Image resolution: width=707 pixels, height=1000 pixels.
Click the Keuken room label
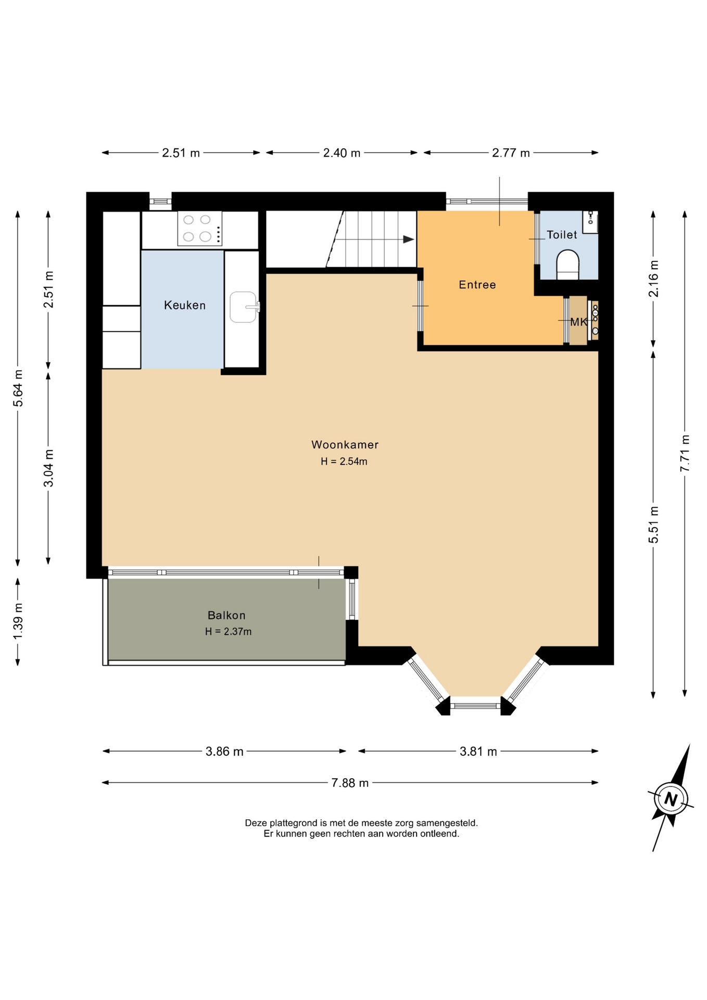pos(185,305)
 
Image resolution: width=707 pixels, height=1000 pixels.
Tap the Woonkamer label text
pos(345,445)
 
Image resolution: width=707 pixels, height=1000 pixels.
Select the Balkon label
pos(226,615)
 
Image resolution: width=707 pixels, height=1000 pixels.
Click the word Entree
pos(477,285)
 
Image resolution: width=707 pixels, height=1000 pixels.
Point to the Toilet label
pos(562,235)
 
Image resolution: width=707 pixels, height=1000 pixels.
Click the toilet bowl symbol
pos(567,265)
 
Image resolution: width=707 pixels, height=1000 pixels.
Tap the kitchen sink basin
pos(243,307)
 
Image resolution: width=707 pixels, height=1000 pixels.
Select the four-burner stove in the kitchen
pos(200,228)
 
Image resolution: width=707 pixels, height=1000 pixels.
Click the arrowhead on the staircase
pos(409,240)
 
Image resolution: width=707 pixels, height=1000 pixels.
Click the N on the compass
pos(671,799)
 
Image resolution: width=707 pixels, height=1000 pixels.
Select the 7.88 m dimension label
pos(350,783)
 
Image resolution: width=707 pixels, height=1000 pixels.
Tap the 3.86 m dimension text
pos(224,752)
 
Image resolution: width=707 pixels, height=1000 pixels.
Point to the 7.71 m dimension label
pos(685,453)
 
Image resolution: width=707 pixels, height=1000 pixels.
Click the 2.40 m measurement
pos(342,153)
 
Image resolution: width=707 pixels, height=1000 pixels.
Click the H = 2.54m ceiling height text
pos(344,461)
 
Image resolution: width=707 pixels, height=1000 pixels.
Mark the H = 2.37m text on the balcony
pos(228,632)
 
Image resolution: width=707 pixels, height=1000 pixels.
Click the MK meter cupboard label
pos(578,322)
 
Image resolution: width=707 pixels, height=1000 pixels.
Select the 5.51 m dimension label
pos(653,524)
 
